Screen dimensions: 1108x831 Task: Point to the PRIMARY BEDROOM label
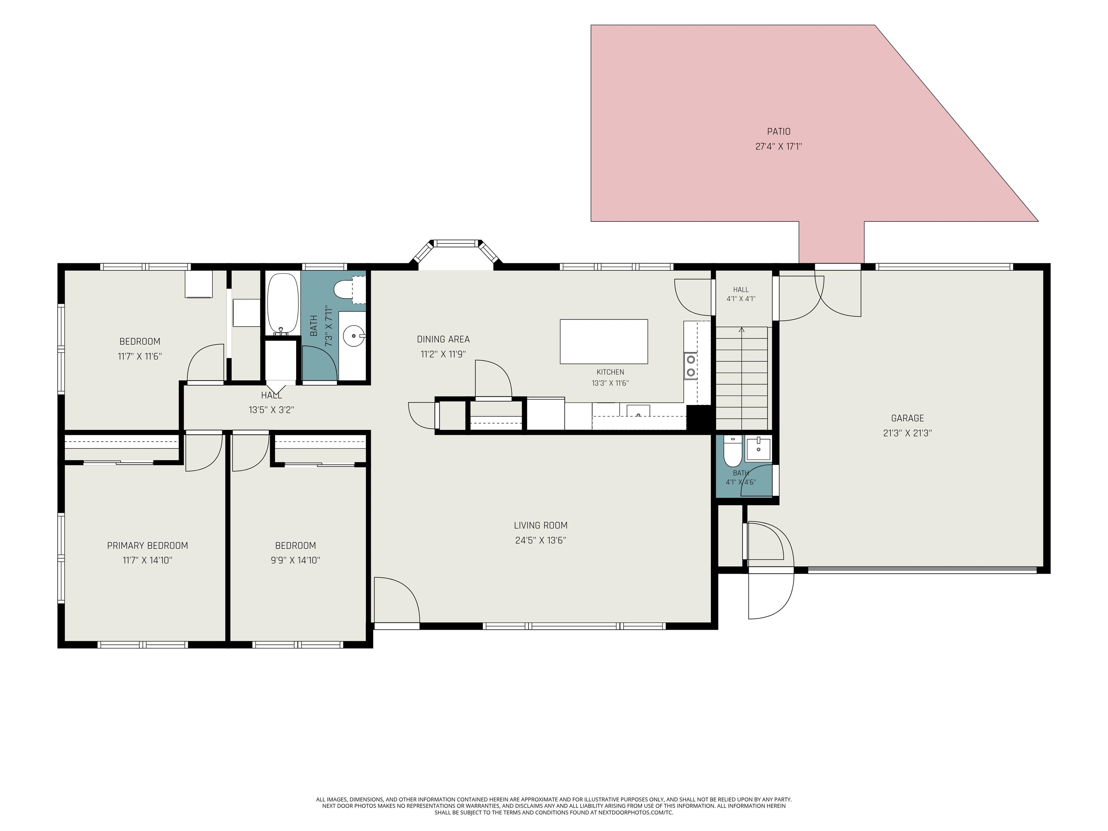[147, 545]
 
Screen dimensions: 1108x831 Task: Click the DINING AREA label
[443, 339]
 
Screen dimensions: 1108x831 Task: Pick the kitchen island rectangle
[603, 342]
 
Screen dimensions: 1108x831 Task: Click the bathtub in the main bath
[282, 304]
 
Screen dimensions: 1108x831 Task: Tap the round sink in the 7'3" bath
[354, 335]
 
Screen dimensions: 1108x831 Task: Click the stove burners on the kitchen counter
[691, 365]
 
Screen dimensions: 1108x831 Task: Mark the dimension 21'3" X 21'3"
[907, 433]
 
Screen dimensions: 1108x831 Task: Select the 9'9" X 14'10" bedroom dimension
[295, 560]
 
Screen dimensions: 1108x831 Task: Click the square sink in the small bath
[759, 449]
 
